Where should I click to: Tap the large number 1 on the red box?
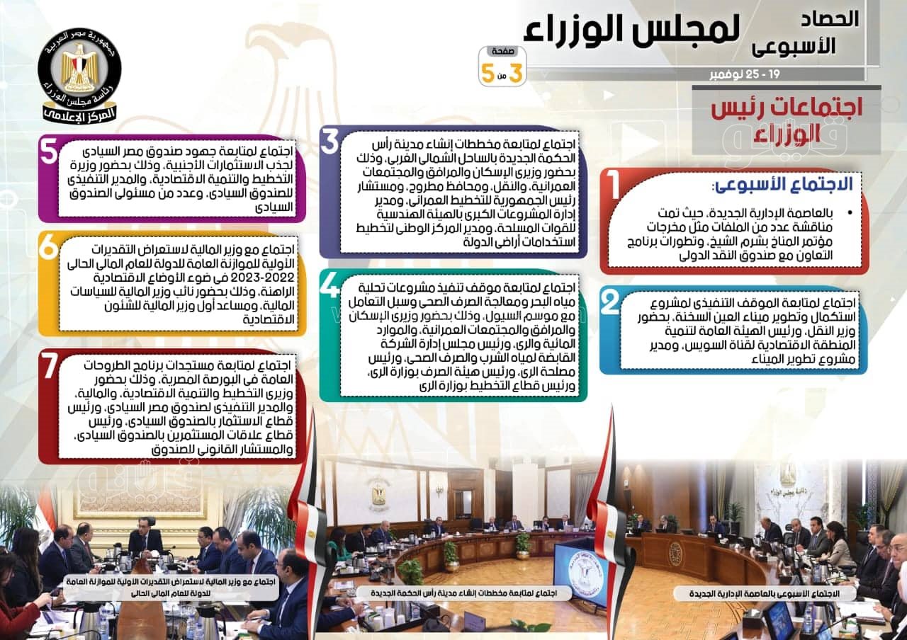(614, 185)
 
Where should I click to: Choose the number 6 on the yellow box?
(49, 247)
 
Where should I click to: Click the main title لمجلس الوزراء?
(631, 29)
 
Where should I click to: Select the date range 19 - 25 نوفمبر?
(745, 74)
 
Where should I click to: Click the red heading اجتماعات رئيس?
(787, 108)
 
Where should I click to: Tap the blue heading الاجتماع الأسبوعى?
(784, 185)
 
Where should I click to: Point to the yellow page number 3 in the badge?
(515, 73)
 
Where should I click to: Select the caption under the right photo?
(765, 593)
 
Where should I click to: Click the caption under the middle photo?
(463, 593)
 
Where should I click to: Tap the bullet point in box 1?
(850, 213)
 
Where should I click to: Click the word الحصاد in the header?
(830, 19)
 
